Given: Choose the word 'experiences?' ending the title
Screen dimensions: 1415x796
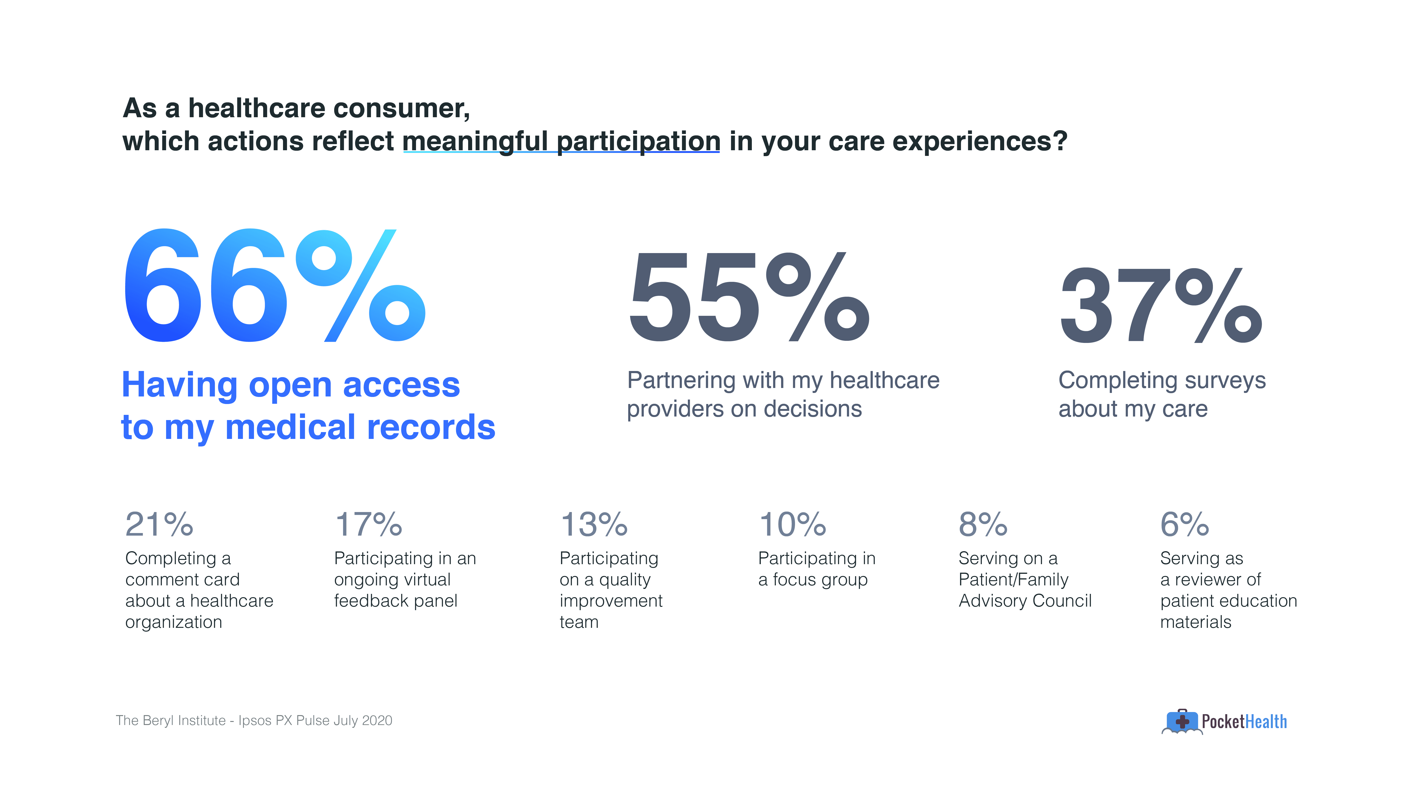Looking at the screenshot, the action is click(980, 142).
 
